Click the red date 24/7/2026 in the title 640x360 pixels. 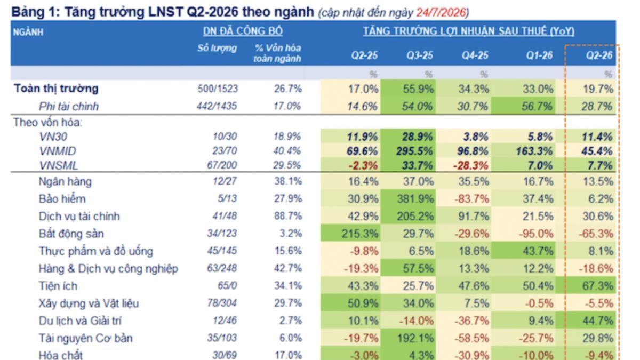(x=441, y=13)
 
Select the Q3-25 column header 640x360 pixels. (x=420, y=55)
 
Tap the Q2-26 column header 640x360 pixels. (x=599, y=55)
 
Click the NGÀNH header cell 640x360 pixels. (x=28, y=32)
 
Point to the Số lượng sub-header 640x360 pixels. (x=217, y=49)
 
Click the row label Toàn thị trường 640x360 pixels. (x=56, y=89)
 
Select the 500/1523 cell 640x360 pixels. (x=218, y=89)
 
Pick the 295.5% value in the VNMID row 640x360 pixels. (x=414, y=151)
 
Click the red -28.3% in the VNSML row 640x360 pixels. (x=471, y=166)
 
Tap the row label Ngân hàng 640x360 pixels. (x=65, y=182)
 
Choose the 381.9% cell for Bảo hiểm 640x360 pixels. (x=415, y=199)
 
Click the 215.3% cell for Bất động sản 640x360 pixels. (x=360, y=234)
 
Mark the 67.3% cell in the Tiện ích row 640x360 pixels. (x=598, y=286)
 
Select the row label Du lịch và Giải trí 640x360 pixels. (x=80, y=321)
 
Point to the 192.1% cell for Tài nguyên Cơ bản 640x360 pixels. (x=415, y=339)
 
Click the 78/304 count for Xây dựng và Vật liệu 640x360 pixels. (x=222, y=303)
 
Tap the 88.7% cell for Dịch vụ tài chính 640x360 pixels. (x=288, y=217)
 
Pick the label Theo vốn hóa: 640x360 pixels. (x=47, y=123)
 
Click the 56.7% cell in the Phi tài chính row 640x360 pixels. (x=537, y=107)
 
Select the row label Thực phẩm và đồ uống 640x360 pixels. (x=95, y=251)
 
